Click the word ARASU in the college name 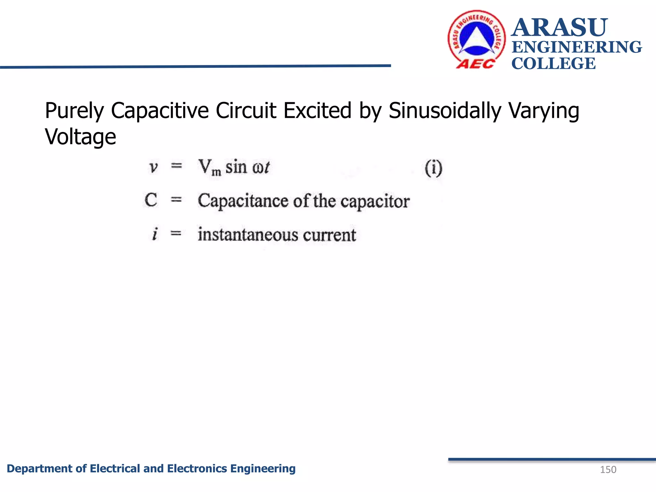click(559, 28)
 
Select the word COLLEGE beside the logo click(553, 63)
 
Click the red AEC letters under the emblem click(475, 64)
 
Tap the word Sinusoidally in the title click(445, 111)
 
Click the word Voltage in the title click(80, 137)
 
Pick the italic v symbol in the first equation click(153, 167)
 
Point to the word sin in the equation click(236, 167)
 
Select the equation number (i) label click(433, 168)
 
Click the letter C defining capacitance click(151, 200)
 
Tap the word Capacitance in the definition click(243, 201)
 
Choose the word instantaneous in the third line click(248, 234)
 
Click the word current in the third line click(330, 235)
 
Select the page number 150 click(608, 470)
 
